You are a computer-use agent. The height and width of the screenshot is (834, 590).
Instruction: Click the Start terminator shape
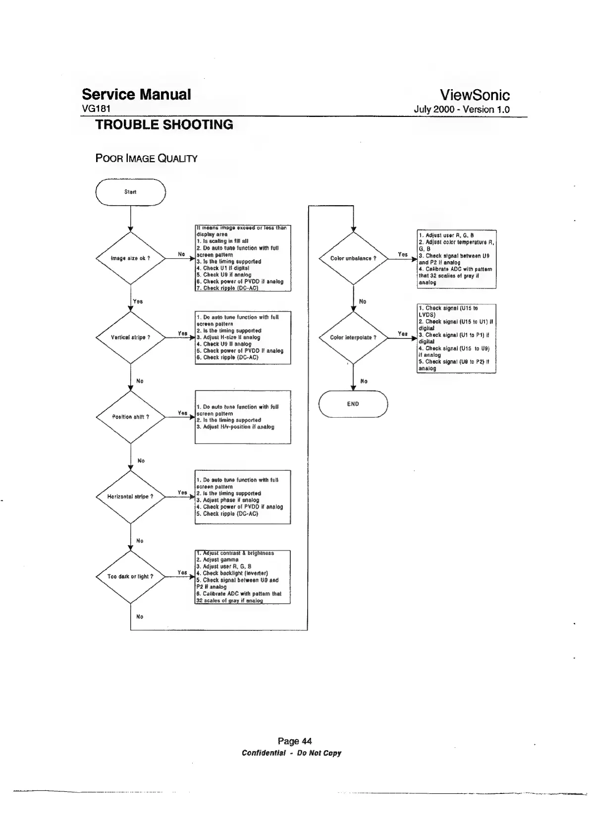[130, 192]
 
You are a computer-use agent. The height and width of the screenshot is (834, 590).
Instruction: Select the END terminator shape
[353, 404]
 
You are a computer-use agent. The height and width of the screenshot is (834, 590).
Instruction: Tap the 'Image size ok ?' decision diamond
[130, 258]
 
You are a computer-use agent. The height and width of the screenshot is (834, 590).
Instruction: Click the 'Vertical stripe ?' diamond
[130, 337]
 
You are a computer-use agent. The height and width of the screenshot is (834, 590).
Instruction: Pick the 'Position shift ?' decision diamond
[130, 417]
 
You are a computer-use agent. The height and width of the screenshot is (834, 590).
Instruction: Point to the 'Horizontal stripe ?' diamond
[130, 497]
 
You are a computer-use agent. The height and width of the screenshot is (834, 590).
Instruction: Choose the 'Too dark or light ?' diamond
[130, 576]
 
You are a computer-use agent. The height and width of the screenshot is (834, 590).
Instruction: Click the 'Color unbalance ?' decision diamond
[353, 258]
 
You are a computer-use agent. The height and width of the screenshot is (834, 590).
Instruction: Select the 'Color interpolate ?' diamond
[353, 337]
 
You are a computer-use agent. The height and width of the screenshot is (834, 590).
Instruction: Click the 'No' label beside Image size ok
[181, 254]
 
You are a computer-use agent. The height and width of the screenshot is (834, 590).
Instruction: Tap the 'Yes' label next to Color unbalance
[403, 254]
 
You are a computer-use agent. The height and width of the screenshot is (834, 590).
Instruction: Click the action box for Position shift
[243, 417]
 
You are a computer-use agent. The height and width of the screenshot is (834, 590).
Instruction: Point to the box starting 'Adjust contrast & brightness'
[243, 577]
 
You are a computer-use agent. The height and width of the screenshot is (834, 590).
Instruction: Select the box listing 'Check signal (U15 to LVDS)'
[456, 338]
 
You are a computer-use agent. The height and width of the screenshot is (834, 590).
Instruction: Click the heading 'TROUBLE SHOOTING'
[164, 125]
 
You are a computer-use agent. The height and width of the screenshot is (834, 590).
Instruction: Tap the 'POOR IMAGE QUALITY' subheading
[146, 159]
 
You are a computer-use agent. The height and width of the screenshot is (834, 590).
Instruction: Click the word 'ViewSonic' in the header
[475, 95]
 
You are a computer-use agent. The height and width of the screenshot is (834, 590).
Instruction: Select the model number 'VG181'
[96, 109]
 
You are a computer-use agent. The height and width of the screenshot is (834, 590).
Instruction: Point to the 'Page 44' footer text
[295, 741]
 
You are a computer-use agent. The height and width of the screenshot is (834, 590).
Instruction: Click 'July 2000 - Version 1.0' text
[462, 110]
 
